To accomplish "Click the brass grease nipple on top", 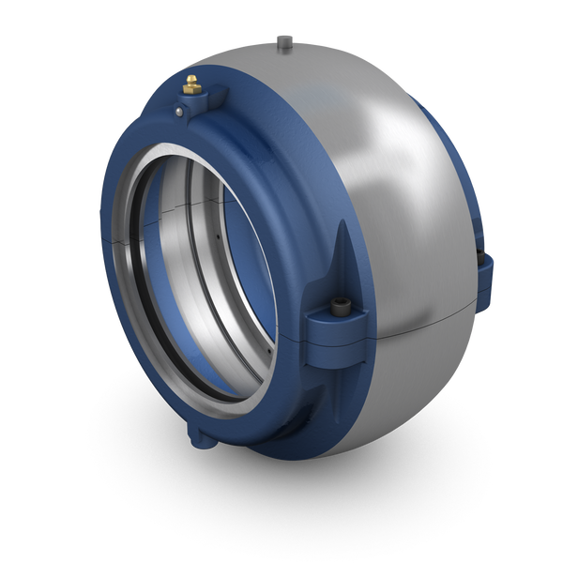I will coord(191,85).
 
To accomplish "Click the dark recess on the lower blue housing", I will coord(310,427).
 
